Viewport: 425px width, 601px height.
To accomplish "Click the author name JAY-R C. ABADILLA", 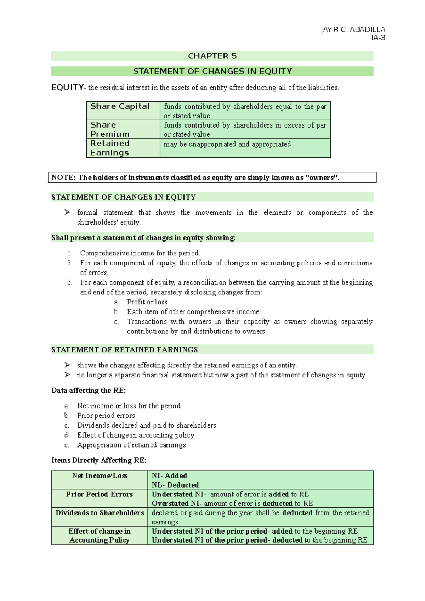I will [353, 30].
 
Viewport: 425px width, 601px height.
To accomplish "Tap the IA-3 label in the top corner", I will [378, 38].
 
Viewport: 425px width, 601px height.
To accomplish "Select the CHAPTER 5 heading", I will [212, 56].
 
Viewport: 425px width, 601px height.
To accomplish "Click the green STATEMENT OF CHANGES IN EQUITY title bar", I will [212, 72].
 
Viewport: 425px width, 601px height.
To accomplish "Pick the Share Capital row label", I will [120, 107].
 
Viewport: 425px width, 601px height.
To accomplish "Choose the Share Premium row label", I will [110, 129].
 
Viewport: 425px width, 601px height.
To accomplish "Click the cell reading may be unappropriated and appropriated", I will [227, 144].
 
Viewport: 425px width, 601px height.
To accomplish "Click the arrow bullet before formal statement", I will [67, 212].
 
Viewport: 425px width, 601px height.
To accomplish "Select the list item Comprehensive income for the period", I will [140, 253].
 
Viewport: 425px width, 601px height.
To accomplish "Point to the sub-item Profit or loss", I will [147, 302].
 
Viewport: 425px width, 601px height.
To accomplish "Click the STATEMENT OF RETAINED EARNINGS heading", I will [125, 350].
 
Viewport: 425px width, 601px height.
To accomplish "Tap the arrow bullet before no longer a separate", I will [67, 375].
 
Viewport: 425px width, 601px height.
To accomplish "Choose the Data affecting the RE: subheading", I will [89, 391].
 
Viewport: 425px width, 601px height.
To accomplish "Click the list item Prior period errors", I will [106, 416].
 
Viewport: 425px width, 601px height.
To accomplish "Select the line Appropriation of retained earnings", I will [131, 445].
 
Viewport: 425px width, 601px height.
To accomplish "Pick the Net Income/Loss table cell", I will [100, 476].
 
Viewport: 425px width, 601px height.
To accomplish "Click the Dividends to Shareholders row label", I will [100, 513].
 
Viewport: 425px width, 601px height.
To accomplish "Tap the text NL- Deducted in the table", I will [175, 485].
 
